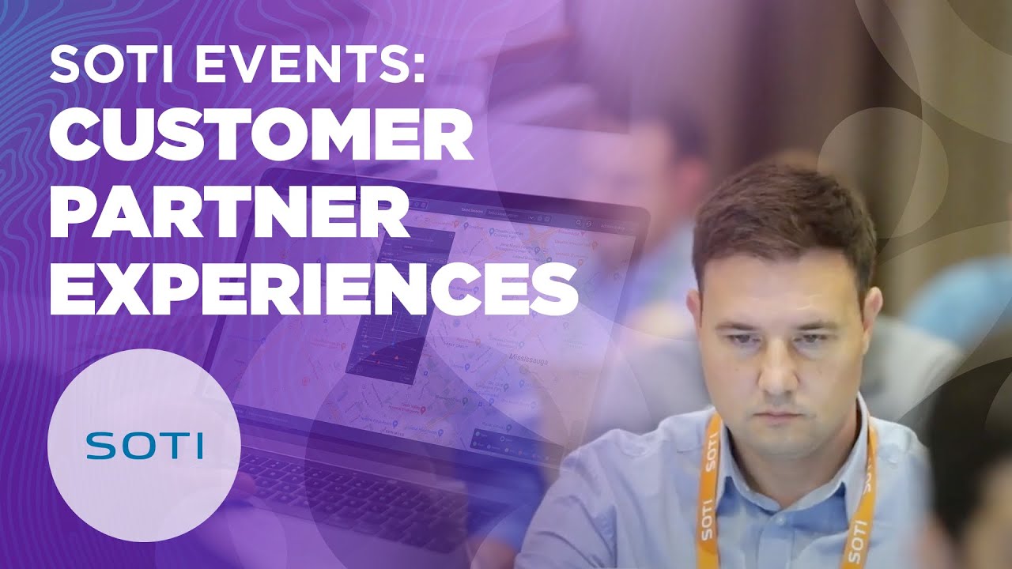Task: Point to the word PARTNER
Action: pos(228,215)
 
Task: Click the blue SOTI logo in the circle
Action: pos(144,445)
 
